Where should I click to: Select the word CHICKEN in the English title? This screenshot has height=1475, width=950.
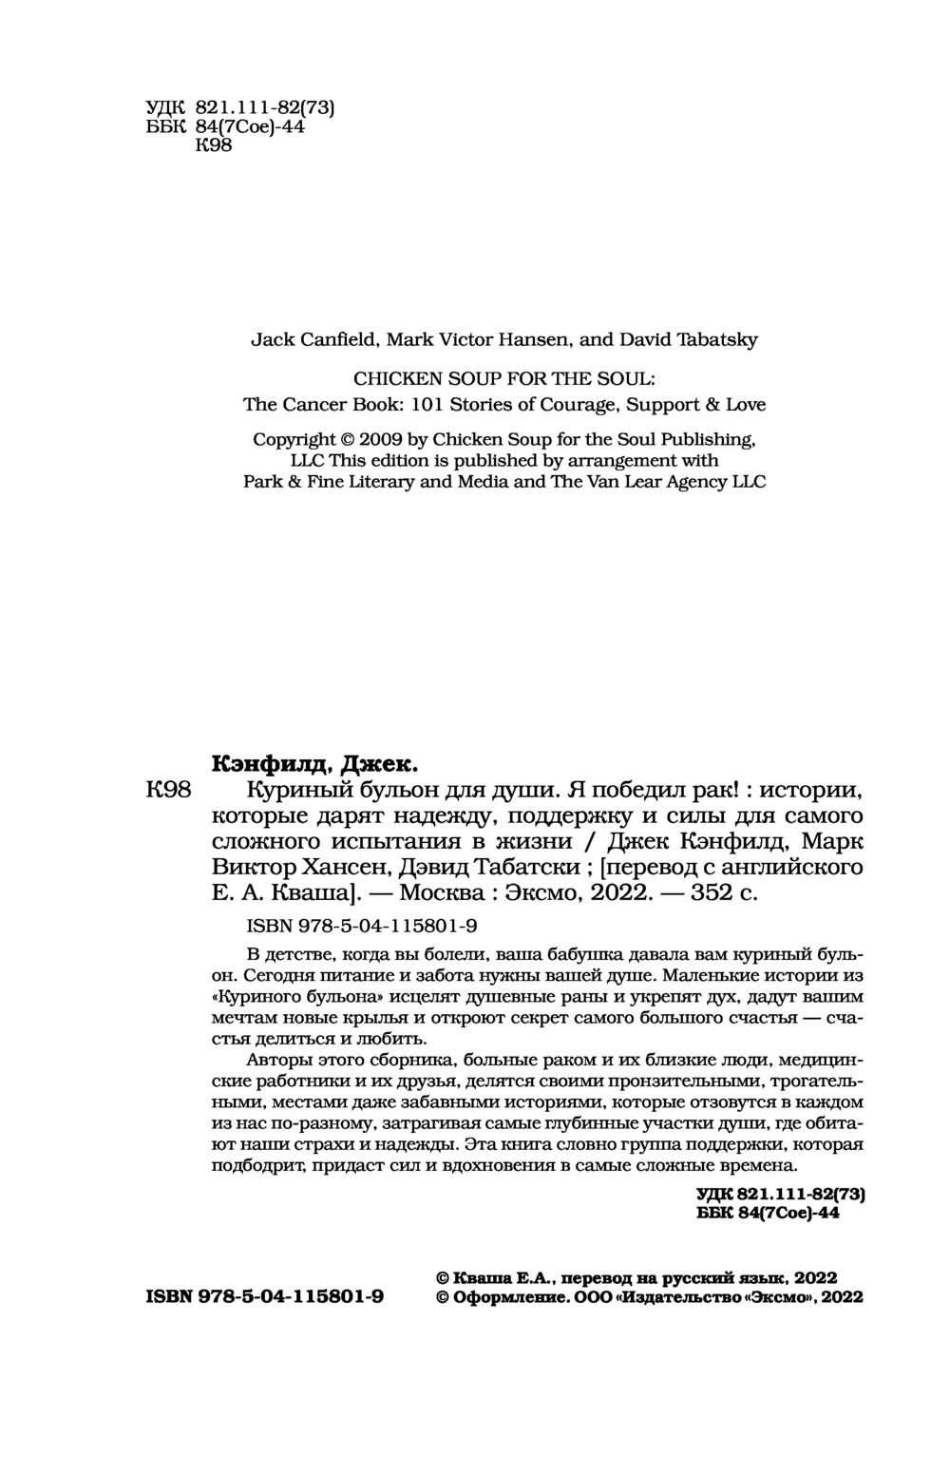coord(389,376)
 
